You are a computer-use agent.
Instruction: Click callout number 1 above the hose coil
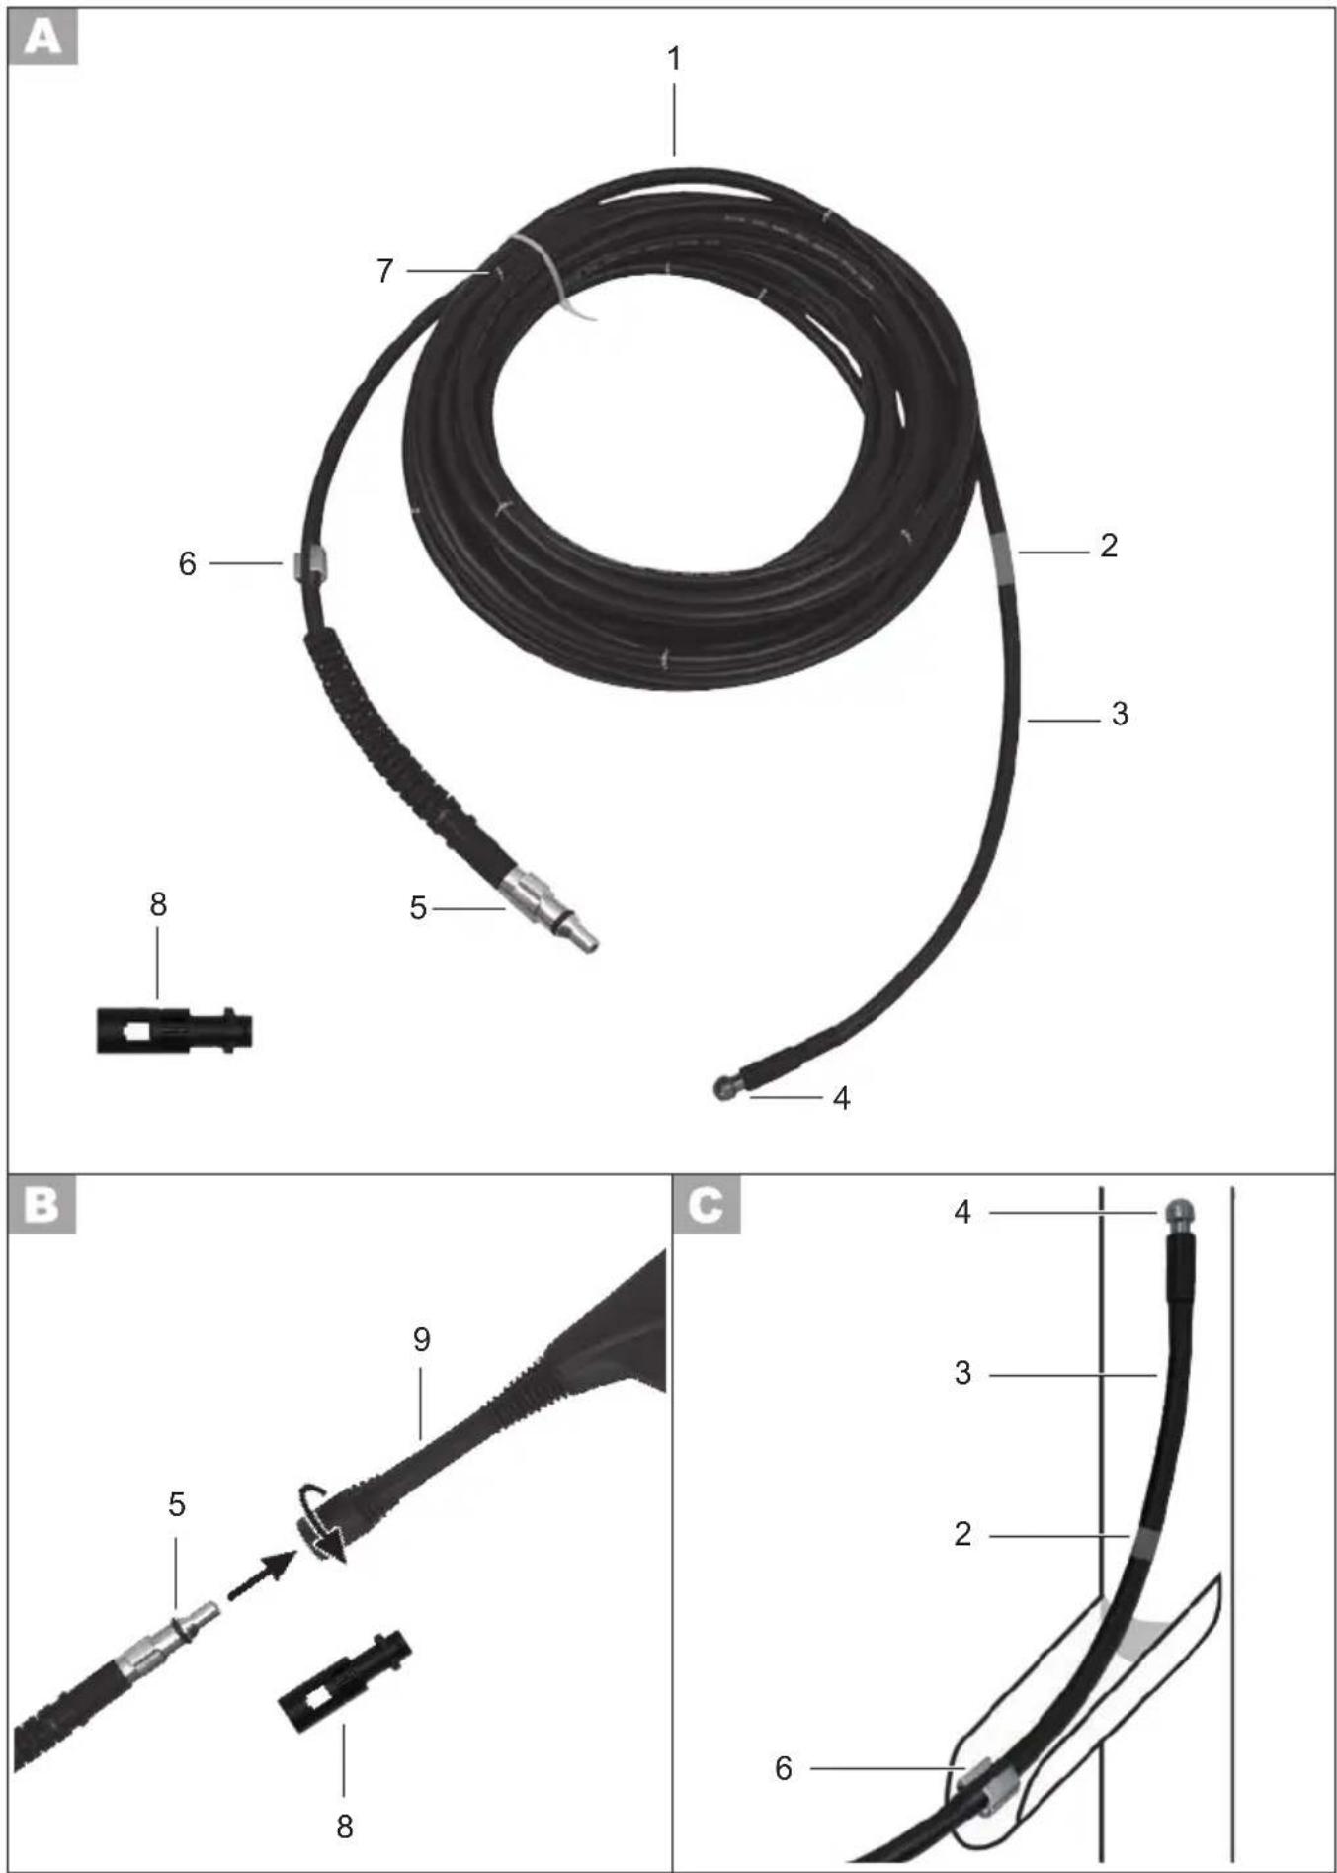674,60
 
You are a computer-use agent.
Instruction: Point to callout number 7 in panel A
384,270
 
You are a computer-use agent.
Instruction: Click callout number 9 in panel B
422,1339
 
